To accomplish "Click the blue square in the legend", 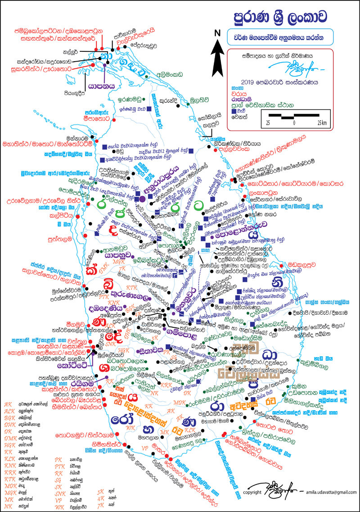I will click(233, 111).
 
